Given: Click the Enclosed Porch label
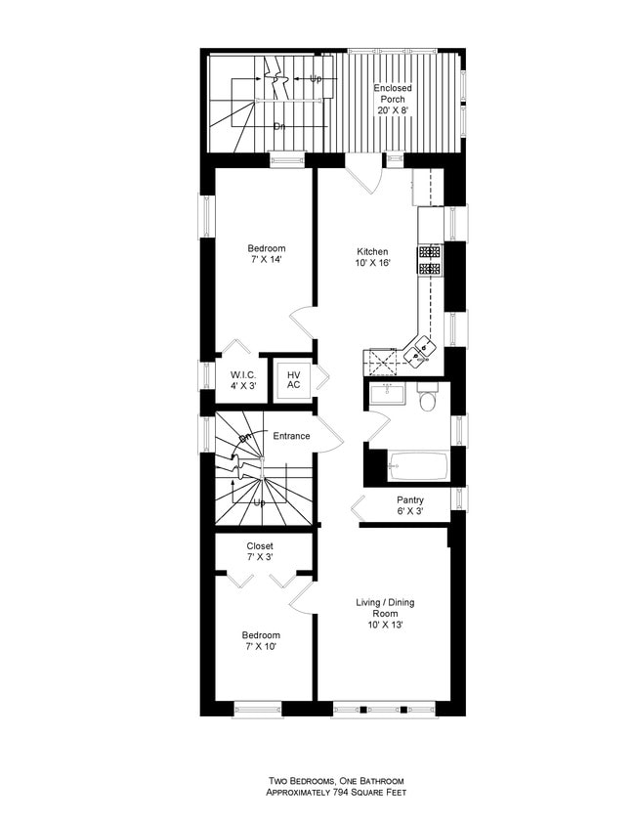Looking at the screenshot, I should (393, 99).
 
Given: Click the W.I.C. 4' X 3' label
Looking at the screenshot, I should (244, 380).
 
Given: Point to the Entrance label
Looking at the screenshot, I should (291, 436).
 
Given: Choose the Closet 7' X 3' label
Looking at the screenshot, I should (260, 551).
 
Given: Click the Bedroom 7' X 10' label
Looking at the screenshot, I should (261, 640).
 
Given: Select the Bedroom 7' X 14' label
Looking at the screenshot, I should (265, 254).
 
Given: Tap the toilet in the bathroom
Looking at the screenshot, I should (427, 401).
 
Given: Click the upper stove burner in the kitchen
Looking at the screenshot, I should (430, 249).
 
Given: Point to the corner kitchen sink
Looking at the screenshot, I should (424, 348).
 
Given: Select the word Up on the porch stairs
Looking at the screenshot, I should (316, 78).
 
